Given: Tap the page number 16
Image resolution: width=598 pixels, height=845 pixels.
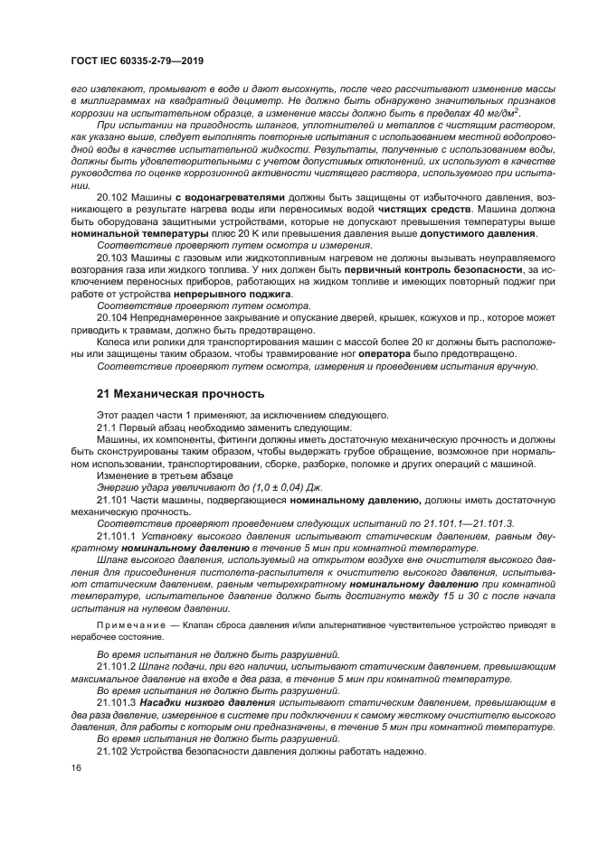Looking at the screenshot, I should point(76,767).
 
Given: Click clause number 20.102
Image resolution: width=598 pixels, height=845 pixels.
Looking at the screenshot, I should point(111,196).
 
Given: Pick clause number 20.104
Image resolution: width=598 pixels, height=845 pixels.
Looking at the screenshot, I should point(111,318).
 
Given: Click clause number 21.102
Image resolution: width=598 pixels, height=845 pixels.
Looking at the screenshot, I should point(111,752).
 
